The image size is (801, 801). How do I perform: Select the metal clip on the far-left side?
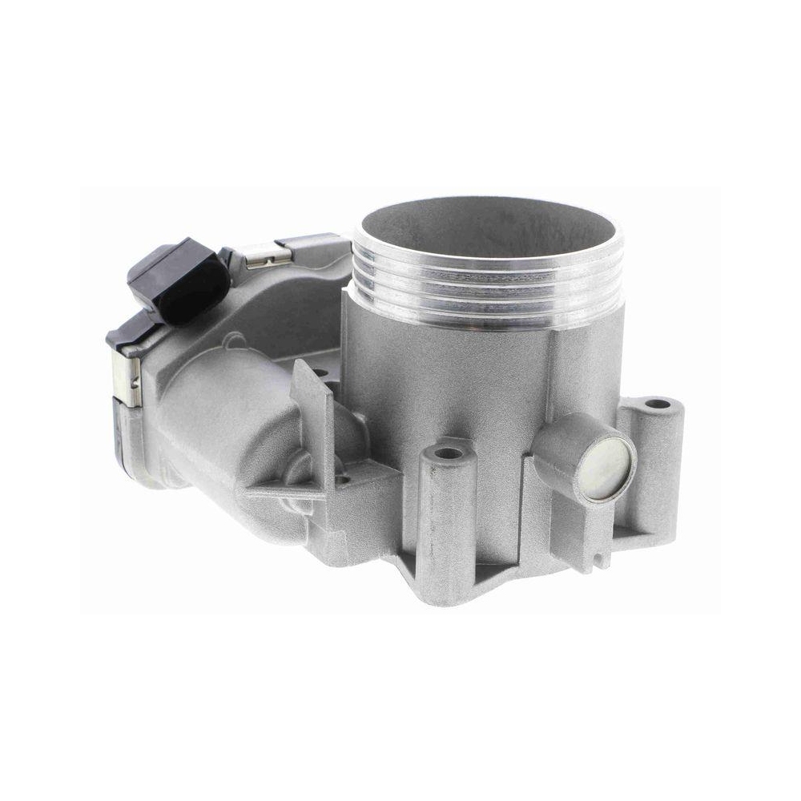click(127, 376)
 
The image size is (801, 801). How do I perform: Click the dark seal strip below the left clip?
click(128, 437)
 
